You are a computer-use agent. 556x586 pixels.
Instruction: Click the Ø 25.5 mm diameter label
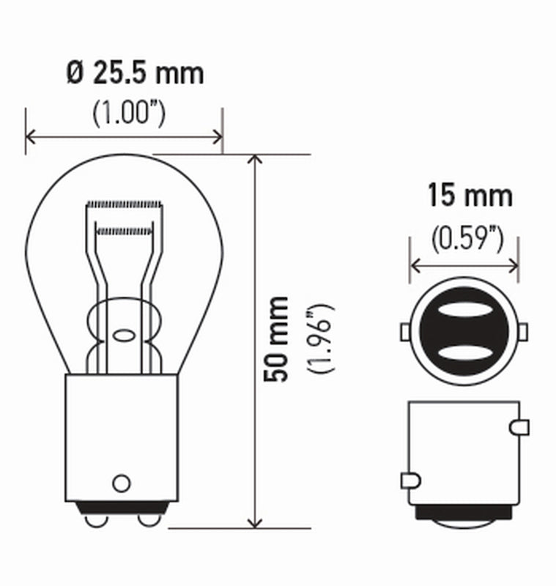click(x=134, y=73)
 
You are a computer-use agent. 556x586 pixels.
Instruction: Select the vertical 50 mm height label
click(x=278, y=338)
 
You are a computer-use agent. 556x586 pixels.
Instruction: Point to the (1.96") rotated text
click(x=322, y=338)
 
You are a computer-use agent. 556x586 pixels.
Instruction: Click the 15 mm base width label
click(x=470, y=196)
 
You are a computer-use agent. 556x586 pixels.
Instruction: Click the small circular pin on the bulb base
click(x=121, y=483)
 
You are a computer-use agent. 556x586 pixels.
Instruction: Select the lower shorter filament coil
click(x=125, y=231)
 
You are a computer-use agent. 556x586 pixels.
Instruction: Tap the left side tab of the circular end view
click(x=405, y=333)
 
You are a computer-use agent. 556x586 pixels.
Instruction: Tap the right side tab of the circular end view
click(x=523, y=333)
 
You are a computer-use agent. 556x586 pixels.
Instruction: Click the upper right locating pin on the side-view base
click(x=521, y=426)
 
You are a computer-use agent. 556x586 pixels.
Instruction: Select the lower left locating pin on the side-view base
click(x=409, y=481)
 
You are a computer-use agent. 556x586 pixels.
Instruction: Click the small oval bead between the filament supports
click(x=123, y=336)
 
